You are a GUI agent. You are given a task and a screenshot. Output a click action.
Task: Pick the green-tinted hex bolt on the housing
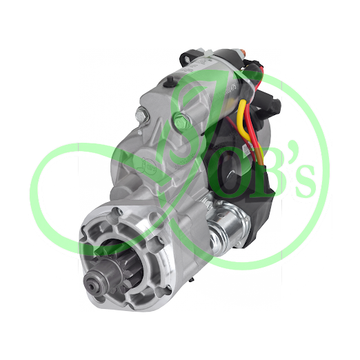pyautogui.click(x=181, y=119)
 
